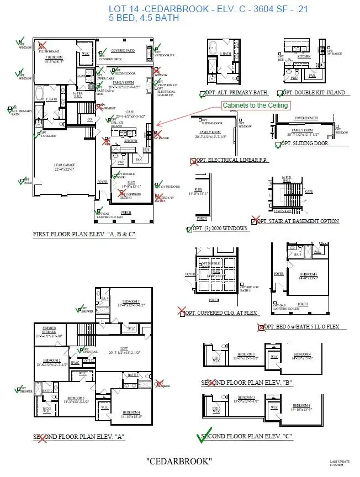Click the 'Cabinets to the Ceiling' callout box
point(255,105)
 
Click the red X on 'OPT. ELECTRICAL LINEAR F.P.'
point(194,161)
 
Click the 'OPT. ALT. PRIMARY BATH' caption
point(237,93)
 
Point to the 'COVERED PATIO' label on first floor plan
point(123,51)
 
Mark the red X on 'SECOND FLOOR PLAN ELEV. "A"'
point(42,438)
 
